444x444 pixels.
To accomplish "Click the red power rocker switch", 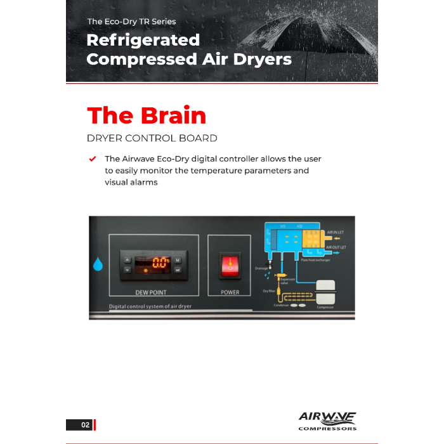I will click(229, 265).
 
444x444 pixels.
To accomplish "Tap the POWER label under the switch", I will click(230, 292).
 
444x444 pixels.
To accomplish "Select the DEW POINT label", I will click(151, 293).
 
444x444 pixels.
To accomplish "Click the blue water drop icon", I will click(98, 263).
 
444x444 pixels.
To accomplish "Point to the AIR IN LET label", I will click(336, 233).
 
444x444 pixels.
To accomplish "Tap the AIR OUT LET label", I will click(336, 247).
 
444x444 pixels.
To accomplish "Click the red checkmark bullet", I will click(93, 159).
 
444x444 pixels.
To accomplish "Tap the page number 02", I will click(85, 425).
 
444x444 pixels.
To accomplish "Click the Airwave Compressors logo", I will click(327, 421).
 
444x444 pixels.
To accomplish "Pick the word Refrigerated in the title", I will click(143, 40).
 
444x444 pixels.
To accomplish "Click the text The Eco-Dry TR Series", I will click(131, 22).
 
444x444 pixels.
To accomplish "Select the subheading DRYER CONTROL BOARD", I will click(152, 138).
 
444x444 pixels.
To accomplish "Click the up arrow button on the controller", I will click(127, 259).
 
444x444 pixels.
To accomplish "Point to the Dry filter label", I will click(269, 291).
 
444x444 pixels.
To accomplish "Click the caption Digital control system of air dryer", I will click(150, 306).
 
